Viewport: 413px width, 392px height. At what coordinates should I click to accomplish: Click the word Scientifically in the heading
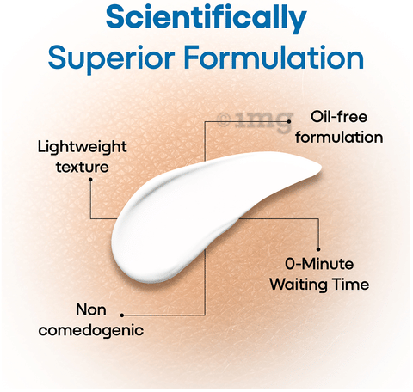click(x=206, y=18)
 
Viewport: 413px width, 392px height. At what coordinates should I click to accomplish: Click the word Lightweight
click(x=83, y=147)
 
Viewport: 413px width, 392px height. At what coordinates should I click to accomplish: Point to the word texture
click(x=83, y=167)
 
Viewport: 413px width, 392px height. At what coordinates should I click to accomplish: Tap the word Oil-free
click(x=339, y=117)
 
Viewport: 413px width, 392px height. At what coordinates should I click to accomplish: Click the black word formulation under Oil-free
click(x=339, y=137)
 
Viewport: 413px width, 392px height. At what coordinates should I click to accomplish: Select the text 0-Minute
click(x=319, y=264)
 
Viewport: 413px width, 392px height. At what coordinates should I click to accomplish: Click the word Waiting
click(x=299, y=285)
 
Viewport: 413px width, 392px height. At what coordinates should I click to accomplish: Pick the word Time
click(x=351, y=285)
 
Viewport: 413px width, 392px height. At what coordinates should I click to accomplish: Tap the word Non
click(x=91, y=309)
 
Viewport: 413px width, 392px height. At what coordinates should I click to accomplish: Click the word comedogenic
click(x=91, y=330)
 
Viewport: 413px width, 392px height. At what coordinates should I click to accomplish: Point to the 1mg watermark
click(x=255, y=121)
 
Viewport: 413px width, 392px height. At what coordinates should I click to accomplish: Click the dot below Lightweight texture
click(x=90, y=180)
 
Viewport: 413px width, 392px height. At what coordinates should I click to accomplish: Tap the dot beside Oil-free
click(x=289, y=121)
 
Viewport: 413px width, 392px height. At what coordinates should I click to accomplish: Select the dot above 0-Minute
click(x=318, y=249)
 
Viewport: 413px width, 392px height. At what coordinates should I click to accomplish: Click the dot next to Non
click(x=122, y=315)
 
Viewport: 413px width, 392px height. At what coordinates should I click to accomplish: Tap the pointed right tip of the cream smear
click(x=321, y=168)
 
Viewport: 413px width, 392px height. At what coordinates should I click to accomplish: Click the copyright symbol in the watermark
click(x=224, y=120)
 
